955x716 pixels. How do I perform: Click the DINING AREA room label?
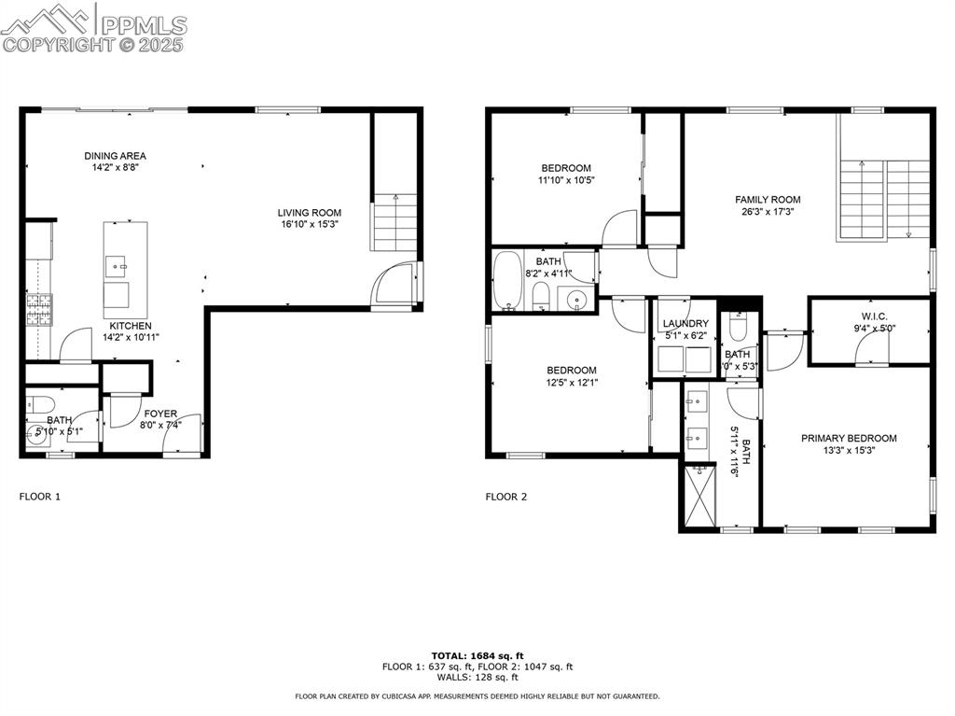point(115,156)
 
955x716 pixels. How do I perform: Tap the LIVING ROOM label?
point(310,212)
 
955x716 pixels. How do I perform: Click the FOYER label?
point(159,413)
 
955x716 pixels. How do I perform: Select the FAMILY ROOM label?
point(768,199)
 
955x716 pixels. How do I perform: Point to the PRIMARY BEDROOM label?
point(849,438)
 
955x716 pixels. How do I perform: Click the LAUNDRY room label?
point(685,323)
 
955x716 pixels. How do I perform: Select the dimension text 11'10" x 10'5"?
point(565,180)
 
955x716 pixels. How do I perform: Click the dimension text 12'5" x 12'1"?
point(572,382)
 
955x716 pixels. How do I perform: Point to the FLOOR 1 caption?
point(40,497)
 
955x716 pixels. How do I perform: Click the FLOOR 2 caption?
point(505,497)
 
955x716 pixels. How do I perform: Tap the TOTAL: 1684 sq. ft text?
point(477,655)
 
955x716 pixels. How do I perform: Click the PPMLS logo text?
point(143,25)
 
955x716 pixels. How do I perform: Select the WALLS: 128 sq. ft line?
point(477,678)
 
